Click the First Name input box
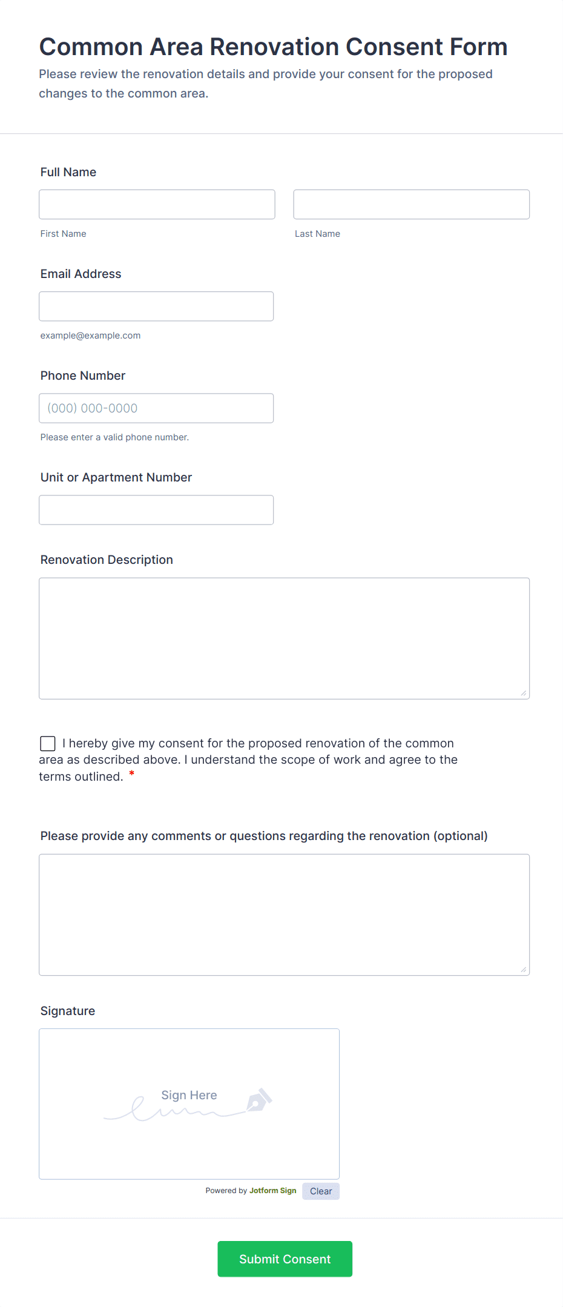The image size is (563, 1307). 157,204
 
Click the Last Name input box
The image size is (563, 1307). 411,204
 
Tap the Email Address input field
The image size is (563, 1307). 156,306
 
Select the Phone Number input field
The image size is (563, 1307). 156,408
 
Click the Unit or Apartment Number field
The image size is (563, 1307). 156,509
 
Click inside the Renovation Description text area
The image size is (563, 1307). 284,638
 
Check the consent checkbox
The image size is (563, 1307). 48,743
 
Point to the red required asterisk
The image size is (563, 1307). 132,774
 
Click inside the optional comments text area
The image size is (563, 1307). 284,914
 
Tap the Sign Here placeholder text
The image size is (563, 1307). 189,1095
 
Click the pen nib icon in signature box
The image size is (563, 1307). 259,1100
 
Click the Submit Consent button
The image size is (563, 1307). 285,1259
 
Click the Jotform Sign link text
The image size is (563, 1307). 272,1191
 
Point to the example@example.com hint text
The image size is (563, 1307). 90,336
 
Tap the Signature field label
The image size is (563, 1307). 68,1011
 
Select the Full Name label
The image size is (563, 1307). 68,172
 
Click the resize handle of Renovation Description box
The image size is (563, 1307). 523,693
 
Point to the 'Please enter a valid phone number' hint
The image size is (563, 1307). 114,437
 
